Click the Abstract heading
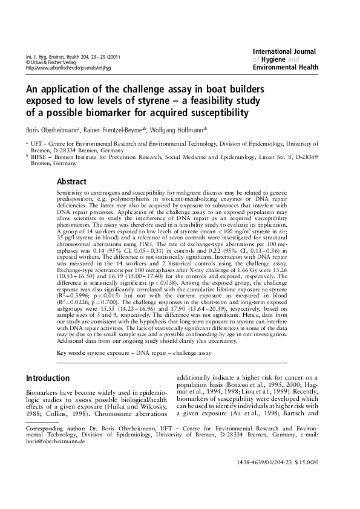click(71, 181)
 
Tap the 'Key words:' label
click(71, 352)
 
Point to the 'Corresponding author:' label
click(52, 428)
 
